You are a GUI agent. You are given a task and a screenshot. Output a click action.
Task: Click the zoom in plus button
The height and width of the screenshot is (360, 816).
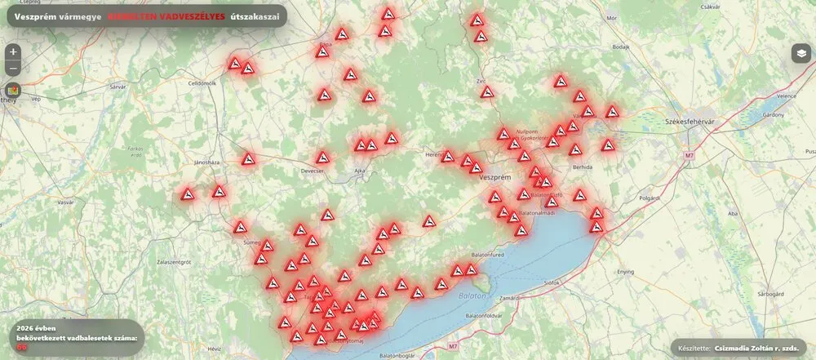pos(13,51)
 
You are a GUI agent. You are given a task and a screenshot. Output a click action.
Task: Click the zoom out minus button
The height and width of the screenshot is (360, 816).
pos(13,68)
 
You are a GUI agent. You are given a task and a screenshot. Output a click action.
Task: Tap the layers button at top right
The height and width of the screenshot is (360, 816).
pos(800,54)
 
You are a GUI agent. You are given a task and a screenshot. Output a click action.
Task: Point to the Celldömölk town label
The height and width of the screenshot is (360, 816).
pos(201,83)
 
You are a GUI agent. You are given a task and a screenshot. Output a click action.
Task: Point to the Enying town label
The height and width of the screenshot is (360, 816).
pos(626,270)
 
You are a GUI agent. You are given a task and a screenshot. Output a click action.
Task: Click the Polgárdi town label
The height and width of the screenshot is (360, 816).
pos(650,198)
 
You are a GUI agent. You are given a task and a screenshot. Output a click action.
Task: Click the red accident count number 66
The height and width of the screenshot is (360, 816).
pos(22,346)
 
